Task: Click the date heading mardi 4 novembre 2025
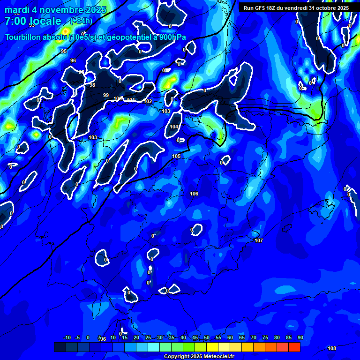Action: pyautogui.click(x=55, y=10)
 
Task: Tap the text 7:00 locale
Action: pyautogui.click(x=33, y=21)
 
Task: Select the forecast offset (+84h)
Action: pyautogui.click(x=81, y=21)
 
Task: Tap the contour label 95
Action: pyautogui.click(x=64, y=51)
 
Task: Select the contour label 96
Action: pyautogui.click(x=73, y=60)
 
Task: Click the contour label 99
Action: pyautogui.click(x=106, y=95)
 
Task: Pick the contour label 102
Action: pyautogui.click(x=148, y=101)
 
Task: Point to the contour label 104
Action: pyautogui.click(x=174, y=127)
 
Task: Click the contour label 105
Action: pyautogui.click(x=176, y=156)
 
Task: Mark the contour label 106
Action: pyautogui.click(x=194, y=194)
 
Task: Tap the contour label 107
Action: pyautogui.click(x=259, y=240)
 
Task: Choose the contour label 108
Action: pyautogui.click(x=332, y=348)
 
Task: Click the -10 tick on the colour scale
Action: pyautogui.click(x=67, y=338)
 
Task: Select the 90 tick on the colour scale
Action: pyautogui.click(x=300, y=338)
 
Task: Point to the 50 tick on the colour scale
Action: pyautogui.click(x=207, y=338)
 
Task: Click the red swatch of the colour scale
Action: pyautogui.click(x=294, y=347)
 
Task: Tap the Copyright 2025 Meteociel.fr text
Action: pyautogui.click(x=199, y=356)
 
